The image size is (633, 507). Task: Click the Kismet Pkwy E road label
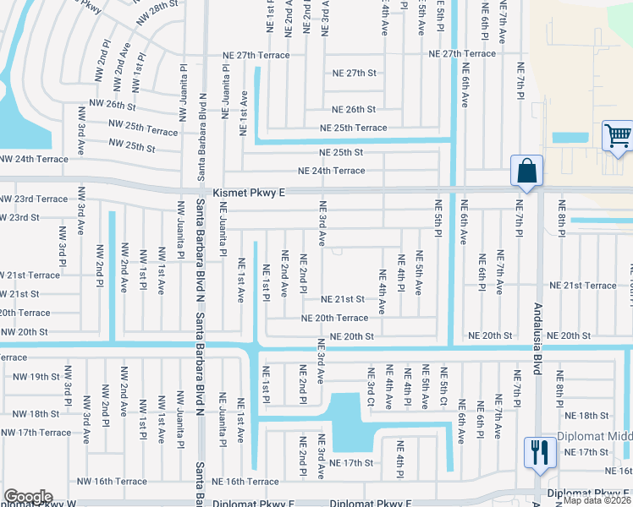tap(249, 193)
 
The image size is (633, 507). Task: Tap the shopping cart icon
tap(618, 136)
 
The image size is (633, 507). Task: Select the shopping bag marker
tap(526, 171)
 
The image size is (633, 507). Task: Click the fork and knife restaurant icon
tap(537, 453)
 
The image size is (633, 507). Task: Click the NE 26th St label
tap(353, 110)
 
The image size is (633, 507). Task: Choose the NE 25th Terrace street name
tap(353, 128)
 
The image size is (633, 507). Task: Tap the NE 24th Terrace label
tap(331, 171)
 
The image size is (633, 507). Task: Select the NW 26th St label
tap(111, 106)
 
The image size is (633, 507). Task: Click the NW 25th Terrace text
tap(143, 123)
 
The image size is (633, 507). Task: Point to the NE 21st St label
tap(342, 299)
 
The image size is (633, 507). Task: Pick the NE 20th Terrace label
tap(334, 318)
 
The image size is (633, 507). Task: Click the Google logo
tap(28, 497)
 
